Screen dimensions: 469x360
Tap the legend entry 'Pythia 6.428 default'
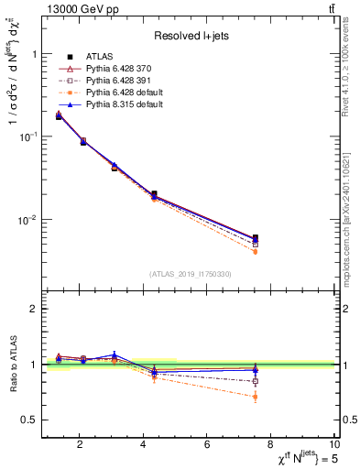pos(134,93)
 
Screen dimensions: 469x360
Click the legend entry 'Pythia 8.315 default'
pos(134,106)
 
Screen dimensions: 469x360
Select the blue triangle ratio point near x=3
pos(115,354)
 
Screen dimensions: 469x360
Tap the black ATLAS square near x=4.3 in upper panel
pos(153,194)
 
